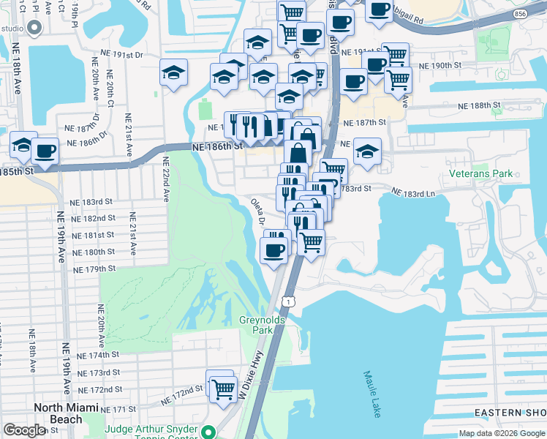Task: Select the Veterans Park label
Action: [x=481, y=174]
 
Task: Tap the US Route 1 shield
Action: [x=289, y=301]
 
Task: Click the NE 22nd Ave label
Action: [x=165, y=179]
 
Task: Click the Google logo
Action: [x=25, y=430]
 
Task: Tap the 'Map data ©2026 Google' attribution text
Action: [x=501, y=433]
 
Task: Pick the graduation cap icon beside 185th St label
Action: [x=23, y=145]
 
